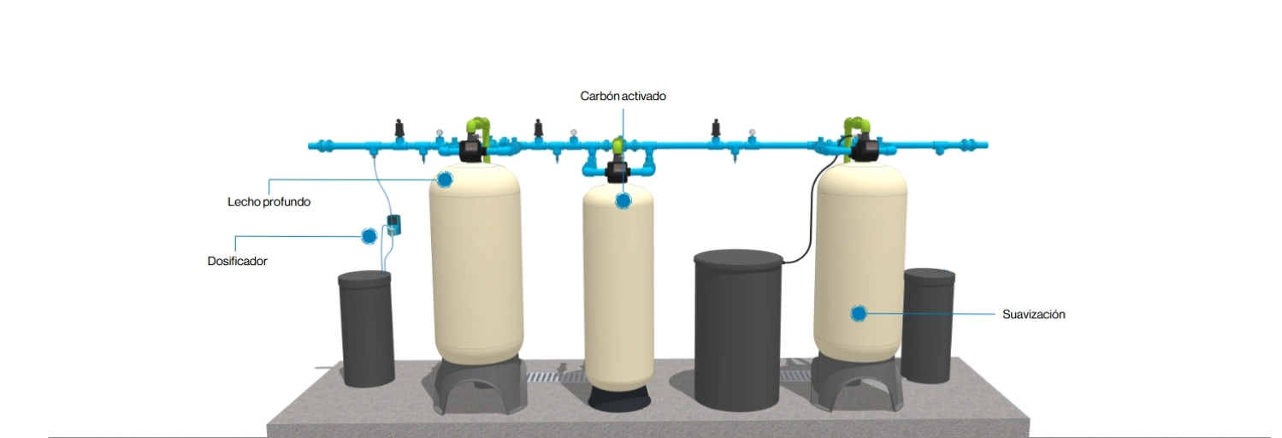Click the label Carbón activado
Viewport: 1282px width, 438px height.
tap(623, 97)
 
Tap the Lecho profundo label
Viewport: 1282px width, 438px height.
tap(269, 203)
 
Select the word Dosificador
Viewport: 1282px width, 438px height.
tap(237, 261)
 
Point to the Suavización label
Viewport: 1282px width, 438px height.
tap(1033, 315)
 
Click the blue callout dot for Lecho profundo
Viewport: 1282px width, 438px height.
tap(444, 180)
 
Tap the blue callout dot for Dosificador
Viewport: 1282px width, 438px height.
tap(369, 235)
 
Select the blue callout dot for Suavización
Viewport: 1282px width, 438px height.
tap(859, 314)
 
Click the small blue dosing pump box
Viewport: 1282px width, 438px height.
tap(393, 225)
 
